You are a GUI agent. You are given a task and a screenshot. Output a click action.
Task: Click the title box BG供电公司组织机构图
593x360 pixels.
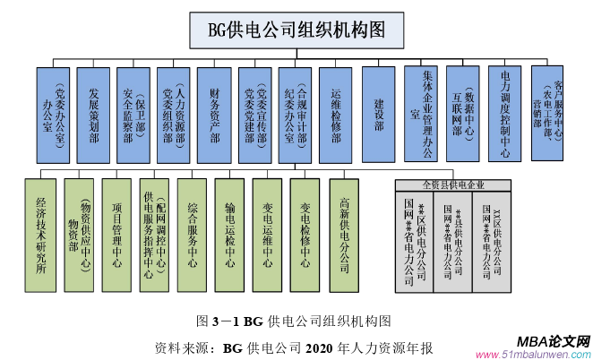(x=296, y=30)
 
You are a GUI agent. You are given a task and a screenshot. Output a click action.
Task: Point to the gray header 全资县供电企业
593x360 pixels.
(x=453, y=184)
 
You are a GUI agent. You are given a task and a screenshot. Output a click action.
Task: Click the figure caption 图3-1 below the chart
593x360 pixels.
(x=295, y=321)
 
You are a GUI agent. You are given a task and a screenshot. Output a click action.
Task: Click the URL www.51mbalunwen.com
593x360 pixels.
(x=544, y=353)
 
